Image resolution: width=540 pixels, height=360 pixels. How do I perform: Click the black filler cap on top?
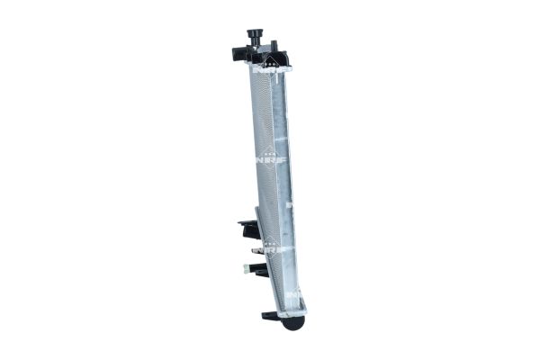(256, 35)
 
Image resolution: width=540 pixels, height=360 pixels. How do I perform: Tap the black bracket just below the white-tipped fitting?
(258, 271)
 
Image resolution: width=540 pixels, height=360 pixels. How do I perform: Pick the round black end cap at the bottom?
(293, 321)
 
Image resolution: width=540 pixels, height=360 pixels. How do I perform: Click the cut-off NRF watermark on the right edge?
(291, 208)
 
